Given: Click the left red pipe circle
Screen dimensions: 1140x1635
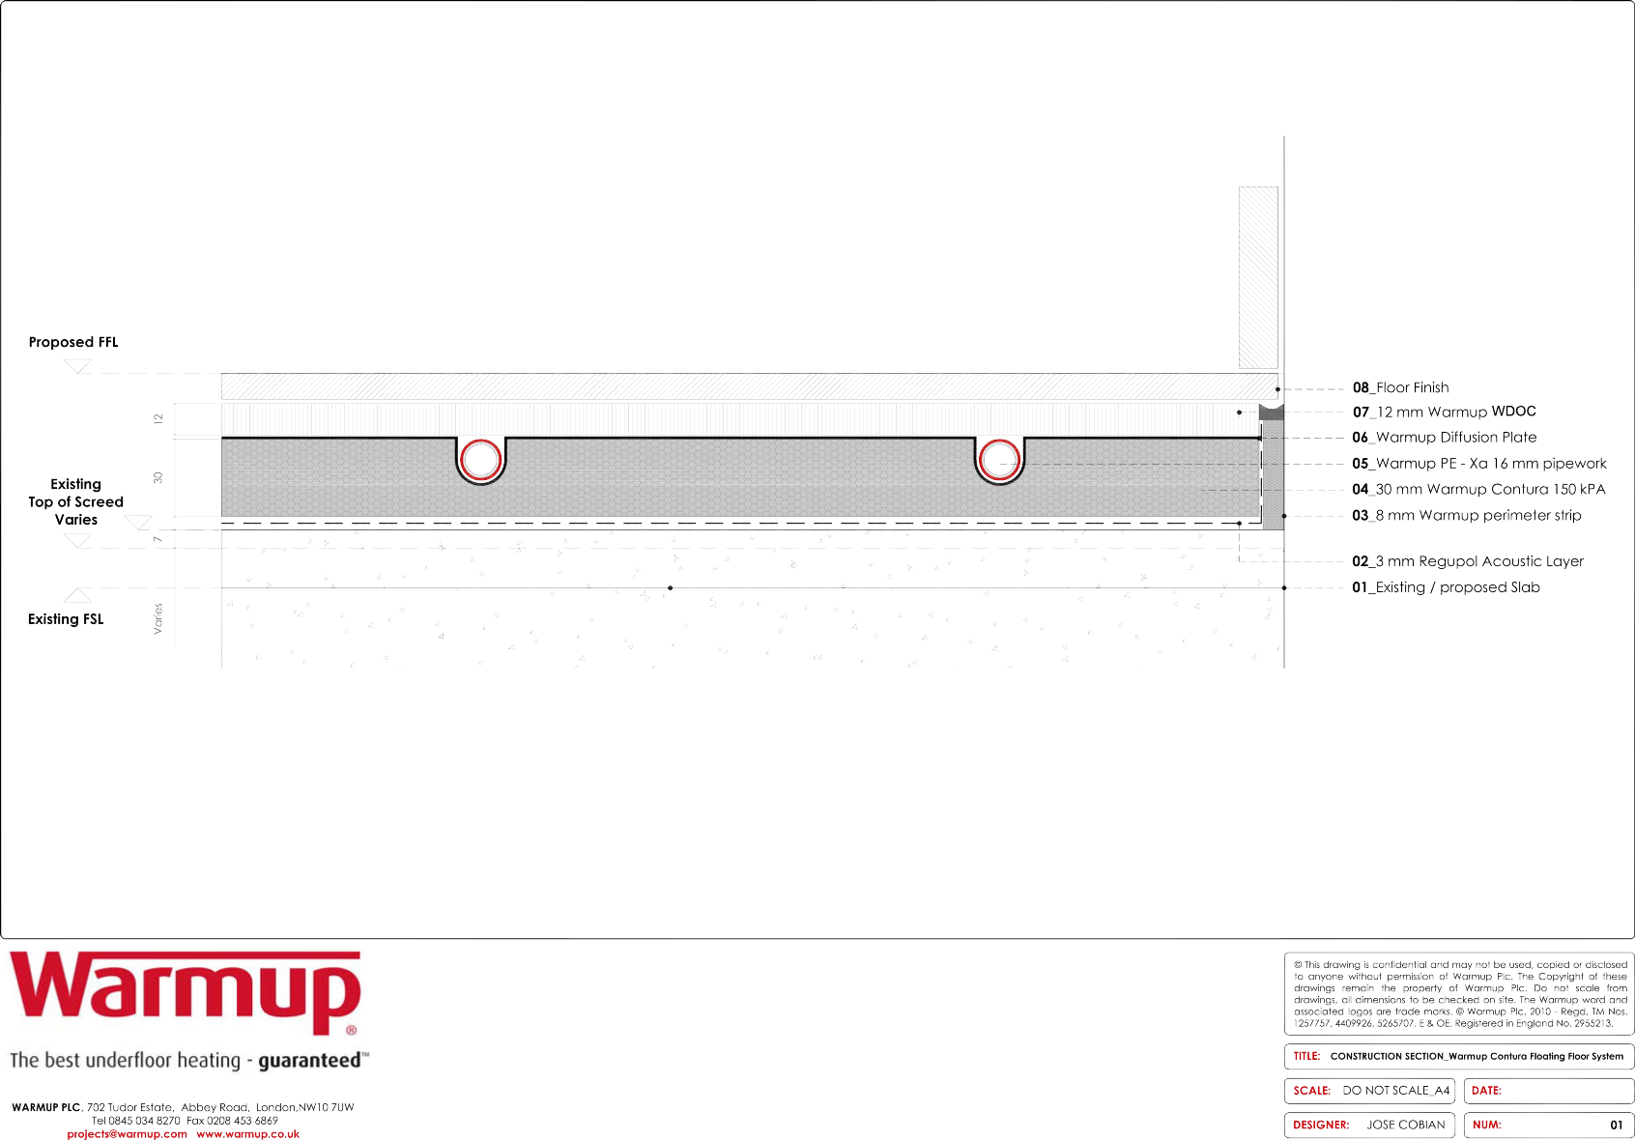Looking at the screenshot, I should click(480, 459).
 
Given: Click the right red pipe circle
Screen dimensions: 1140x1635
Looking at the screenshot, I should click(999, 459).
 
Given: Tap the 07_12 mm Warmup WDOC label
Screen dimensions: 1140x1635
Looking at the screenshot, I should click(1444, 412).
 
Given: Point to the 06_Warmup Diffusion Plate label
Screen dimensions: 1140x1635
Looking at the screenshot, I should click(1444, 438).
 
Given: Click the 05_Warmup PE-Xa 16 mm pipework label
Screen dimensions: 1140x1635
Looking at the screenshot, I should click(1478, 464).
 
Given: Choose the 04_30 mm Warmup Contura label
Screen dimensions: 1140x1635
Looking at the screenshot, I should click(1478, 490).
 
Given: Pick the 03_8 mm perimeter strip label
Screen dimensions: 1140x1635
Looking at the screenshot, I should click(1466, 516).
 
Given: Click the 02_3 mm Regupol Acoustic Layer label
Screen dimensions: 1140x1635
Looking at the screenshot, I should click(1467, 561).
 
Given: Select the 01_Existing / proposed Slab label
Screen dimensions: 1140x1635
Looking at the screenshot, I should click(1446, 587).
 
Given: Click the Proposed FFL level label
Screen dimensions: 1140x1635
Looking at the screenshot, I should click(73, 342).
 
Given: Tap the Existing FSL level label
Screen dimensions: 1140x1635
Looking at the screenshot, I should click(66, 619).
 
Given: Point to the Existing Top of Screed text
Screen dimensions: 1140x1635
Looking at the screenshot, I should click(75, 501).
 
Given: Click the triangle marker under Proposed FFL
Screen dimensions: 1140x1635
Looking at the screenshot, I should click(77, 366).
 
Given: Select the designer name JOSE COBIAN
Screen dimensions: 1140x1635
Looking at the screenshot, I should click(1405, 1125).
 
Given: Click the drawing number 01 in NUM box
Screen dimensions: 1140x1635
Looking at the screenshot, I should click(1616, 1125).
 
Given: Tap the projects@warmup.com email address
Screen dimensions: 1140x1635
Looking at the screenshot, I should click(127, 1134).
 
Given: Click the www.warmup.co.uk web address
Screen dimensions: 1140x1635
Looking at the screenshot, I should click(248, 1134).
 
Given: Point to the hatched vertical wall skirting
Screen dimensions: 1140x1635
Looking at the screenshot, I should click(1258, 277).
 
